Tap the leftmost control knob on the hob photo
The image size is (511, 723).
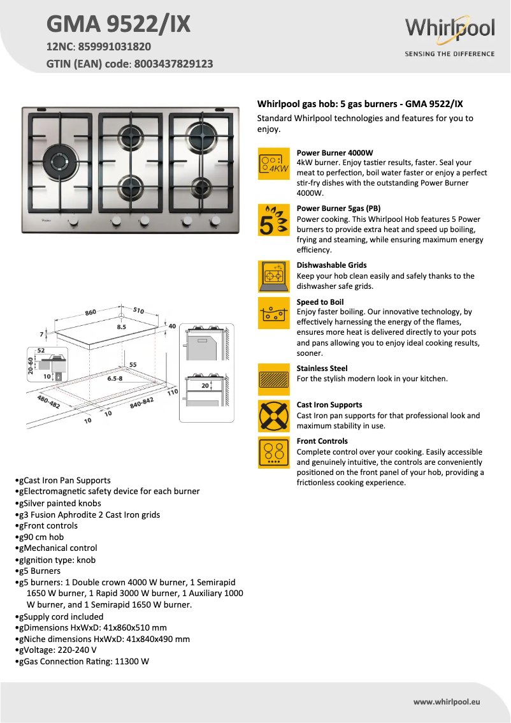73,221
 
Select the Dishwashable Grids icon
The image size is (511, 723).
274,276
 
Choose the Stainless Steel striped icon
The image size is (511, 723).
274,380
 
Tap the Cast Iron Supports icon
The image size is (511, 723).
274,416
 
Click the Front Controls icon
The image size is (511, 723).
274,453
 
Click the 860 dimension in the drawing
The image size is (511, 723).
91,313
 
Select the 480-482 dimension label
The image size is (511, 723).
48,404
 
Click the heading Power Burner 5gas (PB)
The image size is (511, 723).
338,208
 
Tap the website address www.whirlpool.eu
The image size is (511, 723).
447,701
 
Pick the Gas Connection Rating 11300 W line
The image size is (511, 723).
83,661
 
